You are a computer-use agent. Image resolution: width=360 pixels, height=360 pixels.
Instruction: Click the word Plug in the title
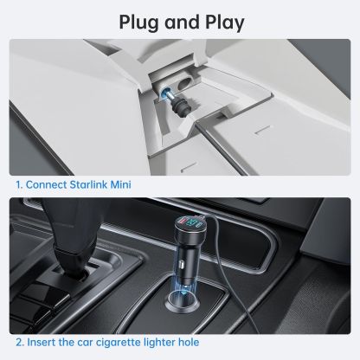(x=139, y=22)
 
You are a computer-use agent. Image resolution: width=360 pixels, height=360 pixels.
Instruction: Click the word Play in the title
(x=225, y=22)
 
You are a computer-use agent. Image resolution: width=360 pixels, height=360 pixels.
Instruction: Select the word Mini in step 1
(x=121, y=184)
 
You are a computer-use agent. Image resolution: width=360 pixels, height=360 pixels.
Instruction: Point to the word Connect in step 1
(x=47, y=184)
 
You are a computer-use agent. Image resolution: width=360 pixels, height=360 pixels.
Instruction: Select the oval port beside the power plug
(x=185, y=85)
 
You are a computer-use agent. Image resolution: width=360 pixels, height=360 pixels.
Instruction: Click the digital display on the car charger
(x=190, y=222)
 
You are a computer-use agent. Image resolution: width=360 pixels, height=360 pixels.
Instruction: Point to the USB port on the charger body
(x=182, y=264)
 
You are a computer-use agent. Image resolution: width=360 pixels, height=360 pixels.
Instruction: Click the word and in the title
(x=183, y=22)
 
